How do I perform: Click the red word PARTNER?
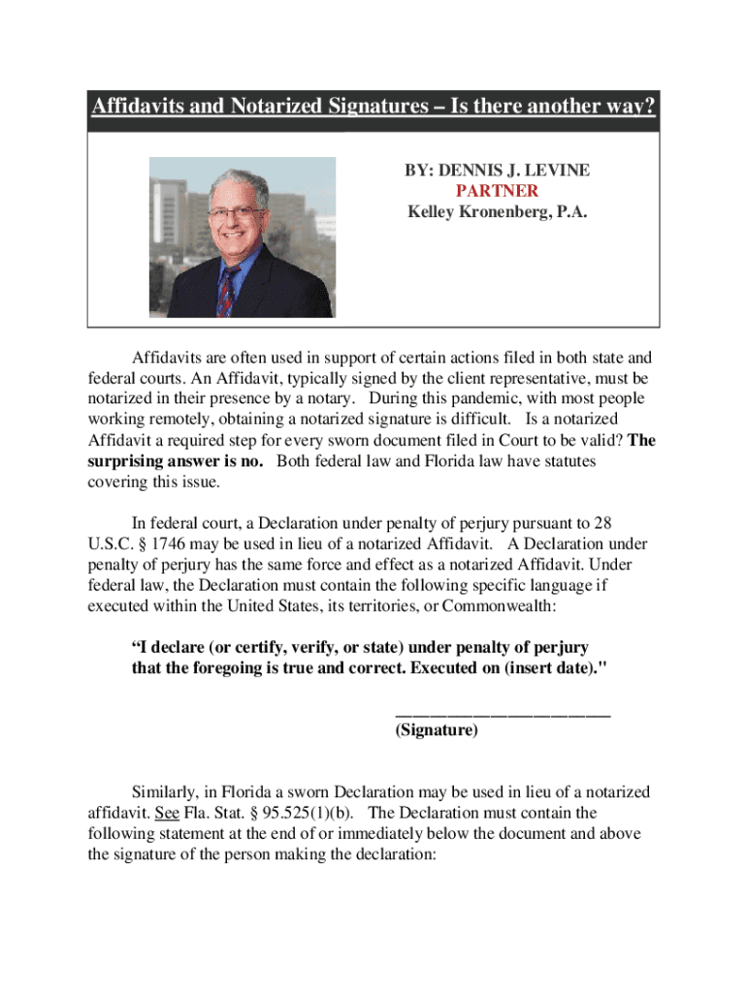497,191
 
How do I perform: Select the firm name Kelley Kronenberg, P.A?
497,212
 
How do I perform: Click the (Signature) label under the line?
437,732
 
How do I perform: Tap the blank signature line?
503,713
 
